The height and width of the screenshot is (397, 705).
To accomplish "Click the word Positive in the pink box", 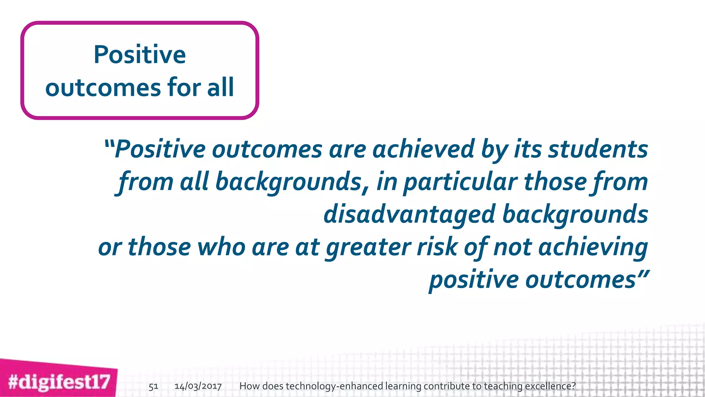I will (x=139, y=55).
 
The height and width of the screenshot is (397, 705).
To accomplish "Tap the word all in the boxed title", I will (x=220, y=87).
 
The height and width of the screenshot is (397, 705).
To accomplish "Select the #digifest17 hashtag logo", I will (x=59, y=382).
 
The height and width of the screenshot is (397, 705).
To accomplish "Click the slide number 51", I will (x=153, y=386).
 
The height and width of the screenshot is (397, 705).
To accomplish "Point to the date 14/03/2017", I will (x=198, y=386).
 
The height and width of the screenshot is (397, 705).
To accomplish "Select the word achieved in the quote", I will (x=423, y=150).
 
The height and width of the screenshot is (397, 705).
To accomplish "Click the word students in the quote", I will (x=598, y=150).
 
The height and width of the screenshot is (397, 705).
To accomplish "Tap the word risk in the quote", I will (x=436, y=247).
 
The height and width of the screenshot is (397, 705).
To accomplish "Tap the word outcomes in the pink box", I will (x=103, y=88).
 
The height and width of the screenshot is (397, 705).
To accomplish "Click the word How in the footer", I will (x=249, y=386).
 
